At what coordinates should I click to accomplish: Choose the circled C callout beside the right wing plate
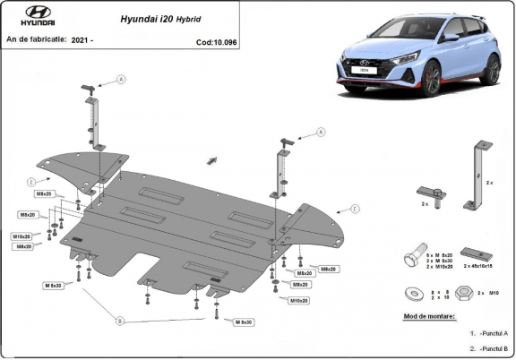pos(355,209)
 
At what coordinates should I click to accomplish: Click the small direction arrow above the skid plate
pos(213,159)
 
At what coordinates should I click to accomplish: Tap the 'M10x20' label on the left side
pos(22,236)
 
